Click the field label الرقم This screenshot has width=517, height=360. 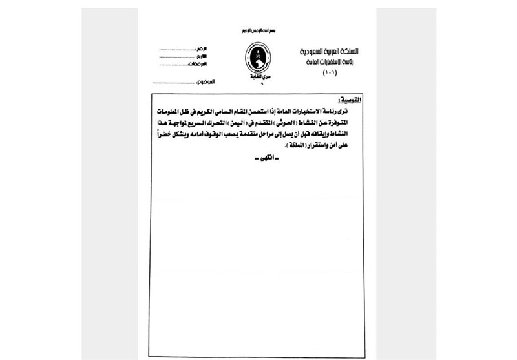[x=206, y=48]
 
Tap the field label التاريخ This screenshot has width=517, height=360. [x=205, y=57]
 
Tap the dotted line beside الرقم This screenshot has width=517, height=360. [x=175, y=48]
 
